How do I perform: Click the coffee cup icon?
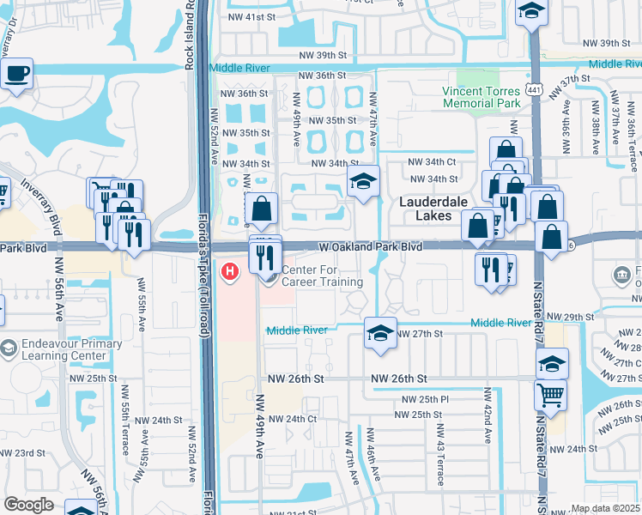(x=16, y=74)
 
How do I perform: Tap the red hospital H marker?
(x=230, y=272)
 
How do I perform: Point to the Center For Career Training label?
(x=323, y=276)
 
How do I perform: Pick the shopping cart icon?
(x=550, y=396)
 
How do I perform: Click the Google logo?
(x=28, y=504)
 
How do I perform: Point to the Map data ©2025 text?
(x=606, y=508)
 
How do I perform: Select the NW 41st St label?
(x=255, y=17)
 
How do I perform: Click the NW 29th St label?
(x=572, y=318)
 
